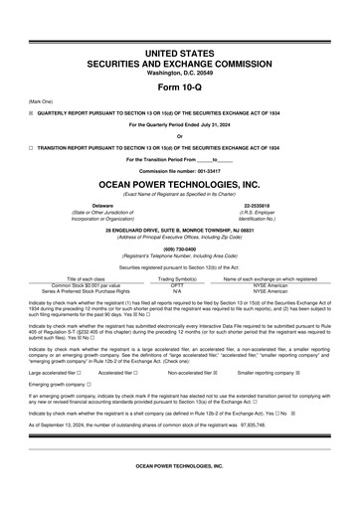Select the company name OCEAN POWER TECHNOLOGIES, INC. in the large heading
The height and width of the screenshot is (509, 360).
click(x=179, y=185)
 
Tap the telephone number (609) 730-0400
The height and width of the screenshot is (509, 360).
click(x=179, y=249)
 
